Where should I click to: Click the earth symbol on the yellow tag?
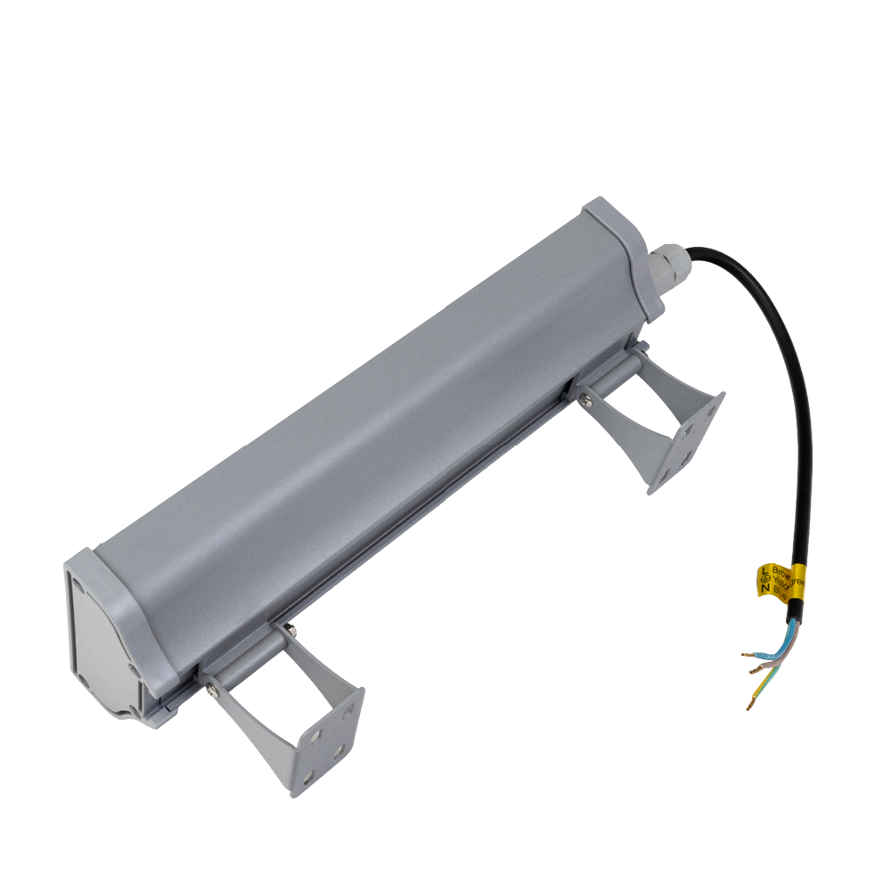pyautogui.click(x=764, y=579)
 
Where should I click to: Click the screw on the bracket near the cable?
pyautogui.click(x=585, y=401)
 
